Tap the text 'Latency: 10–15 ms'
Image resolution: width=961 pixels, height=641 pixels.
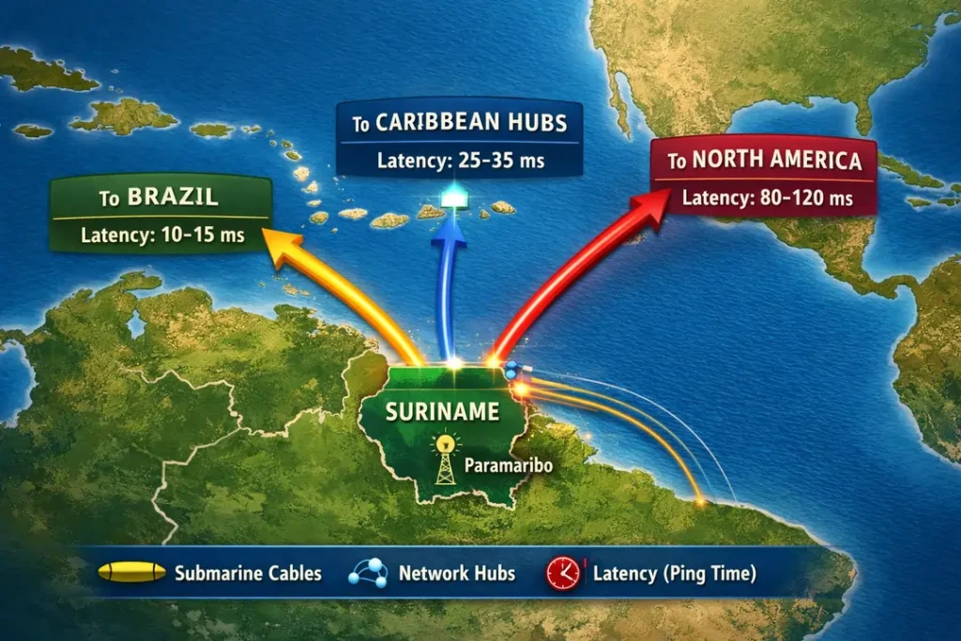(162, 235)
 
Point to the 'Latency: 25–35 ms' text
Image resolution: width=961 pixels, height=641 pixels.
(461, 160)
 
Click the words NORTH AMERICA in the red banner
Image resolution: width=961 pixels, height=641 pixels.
(776, 160)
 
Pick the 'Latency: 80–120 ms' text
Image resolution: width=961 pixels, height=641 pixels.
(767, 198)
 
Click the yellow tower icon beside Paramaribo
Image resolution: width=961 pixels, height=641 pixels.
(445, 459)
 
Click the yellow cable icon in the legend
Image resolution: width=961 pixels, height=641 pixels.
(131, 572)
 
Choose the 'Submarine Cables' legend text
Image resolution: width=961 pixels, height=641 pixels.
(248, 572)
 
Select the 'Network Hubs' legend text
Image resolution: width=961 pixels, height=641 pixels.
(457, 572)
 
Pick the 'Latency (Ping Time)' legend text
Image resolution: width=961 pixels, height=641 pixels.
(675, 572)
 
